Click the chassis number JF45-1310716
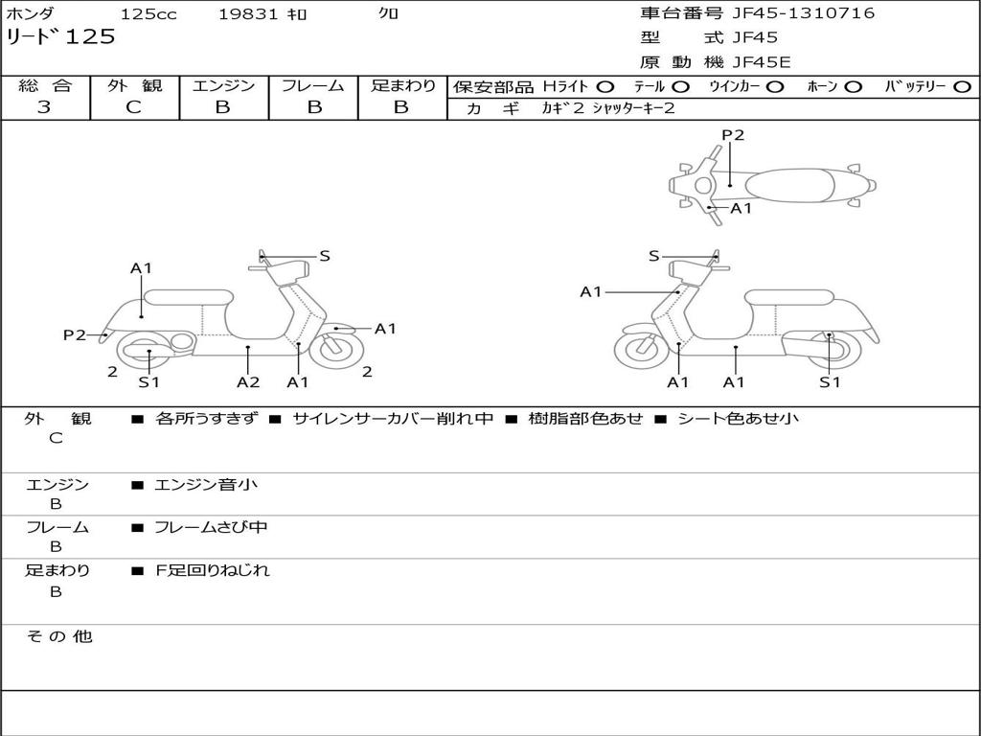tap(804, 12)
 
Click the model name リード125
tap(60, 36)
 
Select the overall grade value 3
tap(44, 107)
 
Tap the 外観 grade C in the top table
tap(133, 107)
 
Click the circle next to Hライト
tap(605, 87)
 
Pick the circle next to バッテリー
tap(962, 87)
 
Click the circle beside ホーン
tap(853, 87)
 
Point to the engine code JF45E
tap(762, 62)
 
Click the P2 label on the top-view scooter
tap(733, 134)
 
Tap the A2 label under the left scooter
tap(248, 381)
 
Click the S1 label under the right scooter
tap(830, 381)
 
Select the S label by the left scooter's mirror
tap(324, 255)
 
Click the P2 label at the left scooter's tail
tap(75, 334)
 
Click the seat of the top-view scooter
tap(789, 185)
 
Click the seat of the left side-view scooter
tap(189, 297)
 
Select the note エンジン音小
tap(206, 484)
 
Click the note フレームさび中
tap(211, 527)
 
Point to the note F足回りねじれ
tap(212, 570)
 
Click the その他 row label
tap(58, 636)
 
